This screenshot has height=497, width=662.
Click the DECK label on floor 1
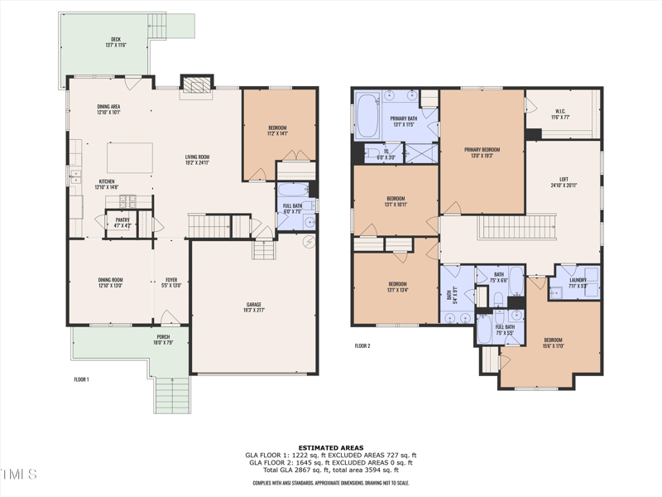[x=115, y=40]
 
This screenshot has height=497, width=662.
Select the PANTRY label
[x=122, y=220]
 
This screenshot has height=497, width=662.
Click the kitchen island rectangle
[x=130, y=157]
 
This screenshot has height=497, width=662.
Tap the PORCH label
[x=164, y=337]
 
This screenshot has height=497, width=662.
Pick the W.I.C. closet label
[x=559, y=113]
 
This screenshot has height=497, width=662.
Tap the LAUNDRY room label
[x=578, y=280]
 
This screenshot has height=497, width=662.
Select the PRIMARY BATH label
[x=392, y=119]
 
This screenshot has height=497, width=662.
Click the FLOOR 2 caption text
[x=362, y=345]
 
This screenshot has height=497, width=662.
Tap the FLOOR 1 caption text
[x=81, y=379]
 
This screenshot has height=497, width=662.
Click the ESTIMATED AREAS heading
[x=331, y=447]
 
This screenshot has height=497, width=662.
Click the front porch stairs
[x=171, y=393]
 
